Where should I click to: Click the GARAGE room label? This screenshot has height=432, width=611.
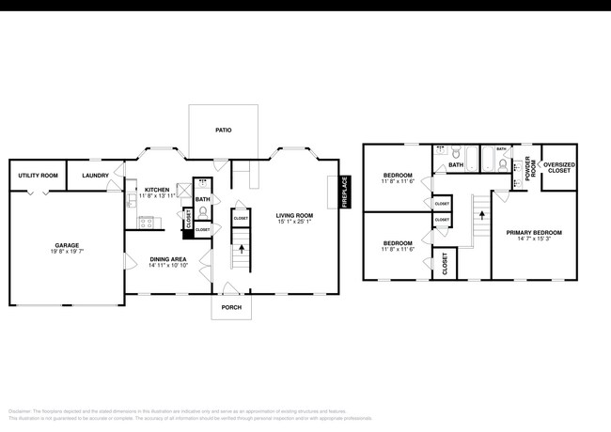[x=65, y=245]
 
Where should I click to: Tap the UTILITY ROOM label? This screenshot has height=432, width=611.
[x=38, y=176]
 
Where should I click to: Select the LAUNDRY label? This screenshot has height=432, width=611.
[x=95, y=176]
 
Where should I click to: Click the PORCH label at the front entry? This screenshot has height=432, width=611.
[x=231, y=307]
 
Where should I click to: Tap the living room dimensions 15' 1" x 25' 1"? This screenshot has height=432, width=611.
[x=294, y=222]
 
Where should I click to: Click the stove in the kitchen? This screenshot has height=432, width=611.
[x=148, y=223]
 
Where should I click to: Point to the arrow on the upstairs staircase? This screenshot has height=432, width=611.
[x=481, y=215]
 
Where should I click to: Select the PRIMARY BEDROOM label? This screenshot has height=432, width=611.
[x=534, y=232]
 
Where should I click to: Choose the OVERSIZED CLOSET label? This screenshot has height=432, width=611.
[x=559, y=168]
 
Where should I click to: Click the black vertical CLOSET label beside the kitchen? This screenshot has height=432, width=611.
[x=188, y=222]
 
